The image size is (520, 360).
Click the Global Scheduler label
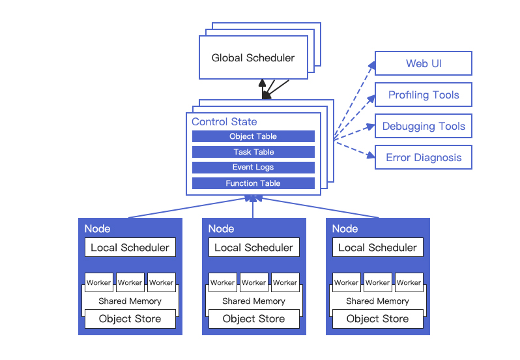click(253, 58)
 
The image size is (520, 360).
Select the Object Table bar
click(253, 136)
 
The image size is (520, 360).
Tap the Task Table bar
click(253, 152)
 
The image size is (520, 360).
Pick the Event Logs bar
click(253, 167)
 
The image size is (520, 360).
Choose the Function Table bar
click(253, 183)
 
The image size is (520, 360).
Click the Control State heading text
click(224, 122)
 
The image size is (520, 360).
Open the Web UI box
click(424, 63)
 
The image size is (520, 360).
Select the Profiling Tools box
click(424, 95)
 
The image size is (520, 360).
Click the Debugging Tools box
click(424, 126)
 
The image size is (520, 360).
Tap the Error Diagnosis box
click(424, 157)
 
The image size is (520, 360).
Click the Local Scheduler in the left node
click(130, 247)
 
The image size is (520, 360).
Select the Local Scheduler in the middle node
click(254, 247)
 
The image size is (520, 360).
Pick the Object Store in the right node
click(378, 319)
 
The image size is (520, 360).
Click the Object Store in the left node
click(130, 319)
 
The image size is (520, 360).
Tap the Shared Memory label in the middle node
click(253, 301)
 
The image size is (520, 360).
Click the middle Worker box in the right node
click(378, 282)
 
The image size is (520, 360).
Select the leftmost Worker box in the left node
click(99, 282)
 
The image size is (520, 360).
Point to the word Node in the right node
click(345, 229)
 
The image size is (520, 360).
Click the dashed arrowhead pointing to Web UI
click(372, 65)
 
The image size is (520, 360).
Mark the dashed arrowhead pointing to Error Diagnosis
click(371, 155)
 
